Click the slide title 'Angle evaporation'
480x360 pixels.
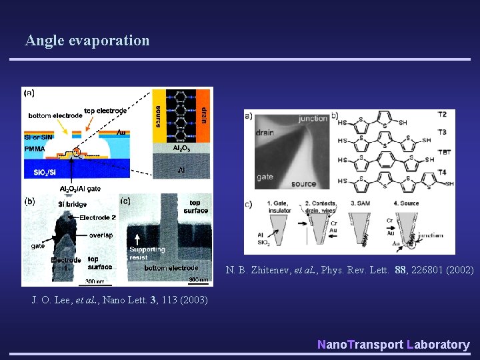click(87, 41)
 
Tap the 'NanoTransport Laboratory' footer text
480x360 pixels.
click(393, 344)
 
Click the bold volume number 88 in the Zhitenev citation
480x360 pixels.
click(400, 270)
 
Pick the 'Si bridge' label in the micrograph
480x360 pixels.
click(71, 204)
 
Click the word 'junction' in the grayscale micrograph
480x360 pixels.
click(313, 119)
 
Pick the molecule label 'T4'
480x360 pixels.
click(442, 172)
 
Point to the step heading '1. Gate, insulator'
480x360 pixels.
click(279, 206)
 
